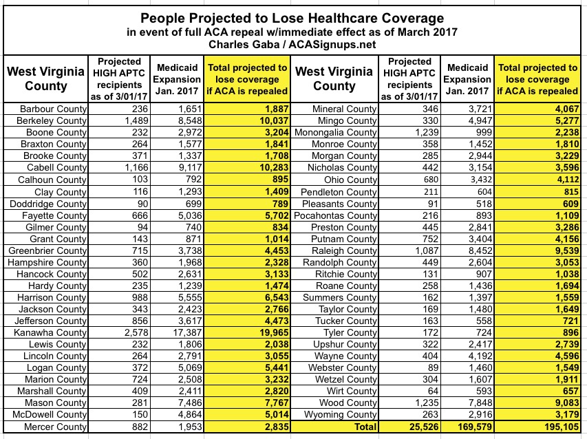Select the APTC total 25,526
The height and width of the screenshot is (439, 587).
point(412,427)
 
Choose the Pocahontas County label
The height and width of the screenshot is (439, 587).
point(336,215)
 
